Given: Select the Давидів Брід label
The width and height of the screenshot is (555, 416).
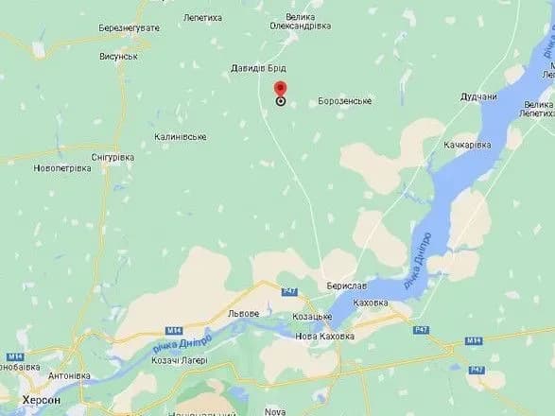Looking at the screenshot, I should pos(258,69).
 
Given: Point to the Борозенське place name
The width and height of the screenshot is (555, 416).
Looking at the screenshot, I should pos(345,101).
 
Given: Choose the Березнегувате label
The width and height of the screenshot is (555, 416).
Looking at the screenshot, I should pos(130,28).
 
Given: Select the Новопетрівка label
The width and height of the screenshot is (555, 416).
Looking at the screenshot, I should pos(61,168).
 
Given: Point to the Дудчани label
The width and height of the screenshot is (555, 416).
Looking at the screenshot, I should pos(478,96).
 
